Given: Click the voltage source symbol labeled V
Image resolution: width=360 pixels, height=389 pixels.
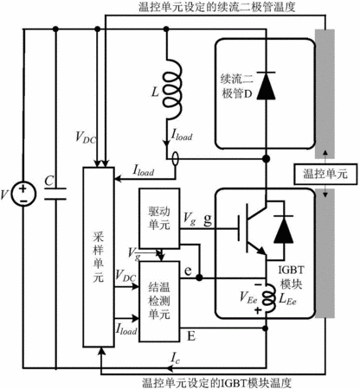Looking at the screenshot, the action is point(23,194).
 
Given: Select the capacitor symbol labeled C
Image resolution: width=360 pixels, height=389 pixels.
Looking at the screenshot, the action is point(55,194).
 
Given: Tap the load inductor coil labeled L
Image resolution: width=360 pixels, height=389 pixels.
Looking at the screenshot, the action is point(172,90).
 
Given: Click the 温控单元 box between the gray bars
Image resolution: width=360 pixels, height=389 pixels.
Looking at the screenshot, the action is point(325,174).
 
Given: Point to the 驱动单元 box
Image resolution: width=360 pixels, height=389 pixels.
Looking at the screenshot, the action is point(159,218).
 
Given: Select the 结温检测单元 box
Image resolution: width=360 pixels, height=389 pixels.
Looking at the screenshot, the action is point(159,302).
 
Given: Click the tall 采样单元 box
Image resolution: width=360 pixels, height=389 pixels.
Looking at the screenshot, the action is point(99,257).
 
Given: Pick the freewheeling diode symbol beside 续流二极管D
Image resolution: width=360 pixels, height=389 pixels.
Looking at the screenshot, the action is point(266,86).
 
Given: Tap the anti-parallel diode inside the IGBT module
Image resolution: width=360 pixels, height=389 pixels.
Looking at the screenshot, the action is point(283,229).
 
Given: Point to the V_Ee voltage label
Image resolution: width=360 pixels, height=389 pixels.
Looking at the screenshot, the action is point(248,297).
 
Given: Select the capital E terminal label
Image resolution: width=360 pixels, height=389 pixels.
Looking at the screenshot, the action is point(191,335).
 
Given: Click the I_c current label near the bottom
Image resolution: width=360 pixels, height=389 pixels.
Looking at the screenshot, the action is point(176,358).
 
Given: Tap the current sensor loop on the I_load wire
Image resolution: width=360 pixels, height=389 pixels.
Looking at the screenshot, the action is point(175,159).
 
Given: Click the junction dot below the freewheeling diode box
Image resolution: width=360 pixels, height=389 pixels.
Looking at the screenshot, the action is point(266,158).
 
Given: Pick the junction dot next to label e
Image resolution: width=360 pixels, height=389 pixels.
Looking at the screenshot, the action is point(199,277).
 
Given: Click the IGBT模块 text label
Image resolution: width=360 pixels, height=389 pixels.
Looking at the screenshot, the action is point(291,277).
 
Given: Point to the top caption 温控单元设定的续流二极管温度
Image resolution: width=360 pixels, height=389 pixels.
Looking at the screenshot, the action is point(217,7).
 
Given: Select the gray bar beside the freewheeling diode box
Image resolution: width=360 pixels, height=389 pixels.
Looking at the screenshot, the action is point(325,93).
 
